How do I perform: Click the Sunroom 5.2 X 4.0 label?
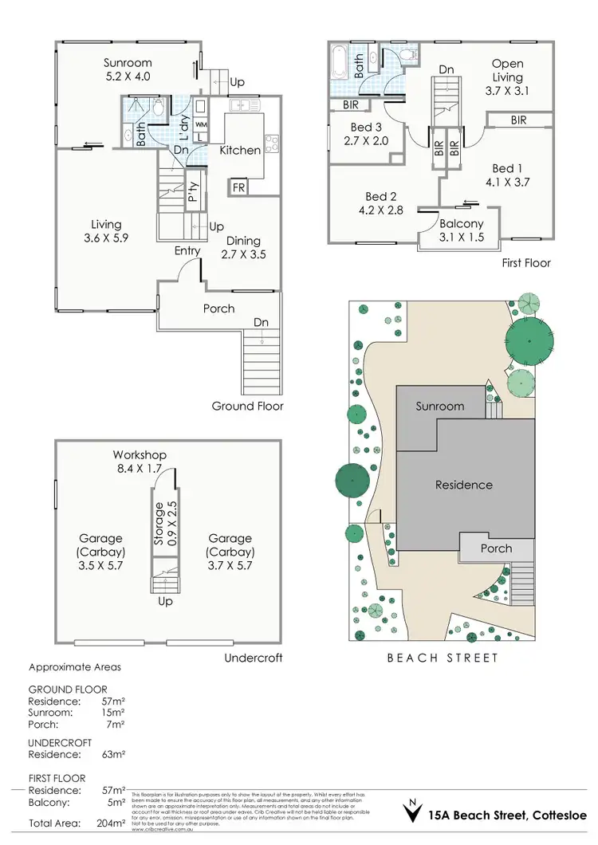click(x=128, y=69)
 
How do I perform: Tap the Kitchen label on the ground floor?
click(x=240, y=150)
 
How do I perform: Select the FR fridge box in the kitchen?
click(x=238, y=188)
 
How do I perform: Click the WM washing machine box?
click(x=201, y=125)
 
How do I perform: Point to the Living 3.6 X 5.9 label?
click(x=105, y=232)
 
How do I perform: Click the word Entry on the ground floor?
click(x=188, y=251)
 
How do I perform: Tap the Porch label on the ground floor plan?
click(x=218, y=308)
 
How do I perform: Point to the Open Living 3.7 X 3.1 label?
click(x=507, y=77)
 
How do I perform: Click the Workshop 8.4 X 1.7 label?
click(x=140, y=462)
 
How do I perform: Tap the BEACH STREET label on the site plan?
click(x=443, y=658)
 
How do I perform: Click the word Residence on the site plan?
click(x=463, y=485)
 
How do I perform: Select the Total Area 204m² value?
click(x=114, y=822)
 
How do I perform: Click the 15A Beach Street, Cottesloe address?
click(x=507, y=816)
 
